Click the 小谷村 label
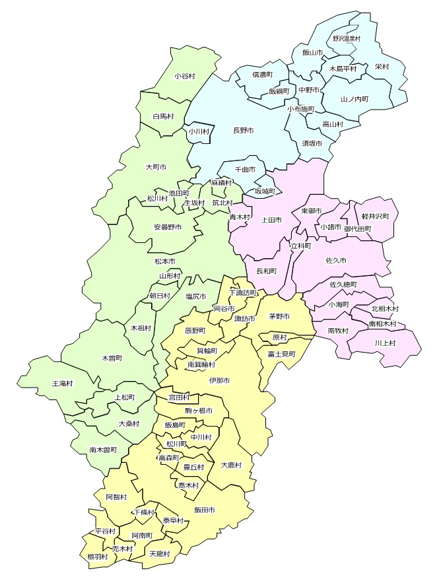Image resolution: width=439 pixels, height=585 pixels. (185, 76)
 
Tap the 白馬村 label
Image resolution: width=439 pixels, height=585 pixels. (163, 116)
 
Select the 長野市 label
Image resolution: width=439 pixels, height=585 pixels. (244, 131)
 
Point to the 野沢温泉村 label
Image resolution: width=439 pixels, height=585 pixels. (347, 38)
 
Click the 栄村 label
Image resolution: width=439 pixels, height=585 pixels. (382, 67)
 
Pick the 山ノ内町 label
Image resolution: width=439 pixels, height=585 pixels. (355, 98)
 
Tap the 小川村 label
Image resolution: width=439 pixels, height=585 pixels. (199, 131)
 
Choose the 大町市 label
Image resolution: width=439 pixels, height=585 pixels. (156, 167)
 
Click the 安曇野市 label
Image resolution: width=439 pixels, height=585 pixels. (168, 227)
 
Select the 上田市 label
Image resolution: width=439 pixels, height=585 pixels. (272, 219)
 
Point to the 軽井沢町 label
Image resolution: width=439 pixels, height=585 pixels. (376, 216)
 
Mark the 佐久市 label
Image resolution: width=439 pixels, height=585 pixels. (336, 261)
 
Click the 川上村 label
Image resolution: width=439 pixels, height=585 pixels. (385, 343)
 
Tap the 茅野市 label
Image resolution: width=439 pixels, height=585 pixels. (279, 316)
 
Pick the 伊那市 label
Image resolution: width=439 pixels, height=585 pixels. (219, 381)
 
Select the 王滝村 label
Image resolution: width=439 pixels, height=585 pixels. (63, 383)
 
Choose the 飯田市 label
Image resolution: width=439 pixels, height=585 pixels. (205, 510)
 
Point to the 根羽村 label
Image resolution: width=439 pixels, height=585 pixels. (96, 557)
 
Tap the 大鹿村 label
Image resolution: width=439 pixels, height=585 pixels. (231, 465)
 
